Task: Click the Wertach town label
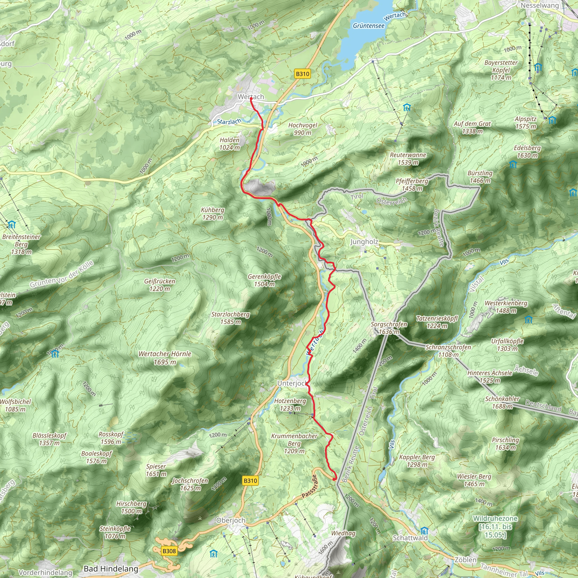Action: pyautogui.click(x=251, y=97)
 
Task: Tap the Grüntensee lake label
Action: pyautogui.click(x=368, y=26)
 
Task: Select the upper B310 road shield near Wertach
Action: pyautogui.click(x=302, y=74)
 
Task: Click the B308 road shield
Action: pyautogui.click(x=169, y=551)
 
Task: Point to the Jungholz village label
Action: pyautogui.click(x=364, y=242)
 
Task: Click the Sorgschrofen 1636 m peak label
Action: pyautogui.click(x=389, y=328)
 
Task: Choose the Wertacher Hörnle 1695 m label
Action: pyautogui.click(x=165, y=358)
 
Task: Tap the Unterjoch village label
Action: pyautogui.click(x=291, y=383)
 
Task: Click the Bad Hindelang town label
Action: pyautogui.click(x=111, y=568)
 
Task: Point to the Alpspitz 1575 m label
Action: pyautogui.click(x=526, y=123)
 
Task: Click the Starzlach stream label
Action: pyautogui.click(x=229, y=121)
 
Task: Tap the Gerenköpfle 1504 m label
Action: pyautogui.click(x=264, y=280)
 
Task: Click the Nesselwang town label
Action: pyautogui.click(x=539, y=5)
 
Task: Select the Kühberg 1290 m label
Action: pyautogui.click(x=213, y=214)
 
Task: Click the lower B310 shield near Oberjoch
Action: pyautogui.click(x=250, y=480)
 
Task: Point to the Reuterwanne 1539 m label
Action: pyautogui.click(x=408, y=159)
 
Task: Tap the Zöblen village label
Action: pyautogui.click(x=465, y=559)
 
